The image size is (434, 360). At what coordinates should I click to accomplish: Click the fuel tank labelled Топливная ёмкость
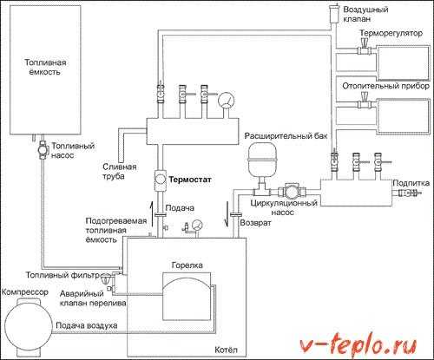[x=45, y=69]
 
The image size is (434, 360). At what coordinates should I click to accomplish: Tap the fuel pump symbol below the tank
[x=43, y=150]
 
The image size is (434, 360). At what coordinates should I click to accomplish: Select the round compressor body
[x=29, y=325]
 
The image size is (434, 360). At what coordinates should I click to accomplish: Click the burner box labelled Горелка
[x=187, y=297]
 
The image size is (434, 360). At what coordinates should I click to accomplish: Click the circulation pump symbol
[x=292, y=191]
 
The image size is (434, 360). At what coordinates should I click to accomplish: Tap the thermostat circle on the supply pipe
[x=159, y=180]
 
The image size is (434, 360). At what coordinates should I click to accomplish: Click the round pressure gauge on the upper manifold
[x=227, y=101]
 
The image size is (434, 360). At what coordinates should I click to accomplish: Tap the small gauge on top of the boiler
[x=197, y=226]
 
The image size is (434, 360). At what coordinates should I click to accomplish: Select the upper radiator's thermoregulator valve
[x=365, y=47]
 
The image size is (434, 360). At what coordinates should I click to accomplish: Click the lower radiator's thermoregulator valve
[x=365, y=101]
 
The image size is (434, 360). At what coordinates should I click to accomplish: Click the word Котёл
[x=226, y=350]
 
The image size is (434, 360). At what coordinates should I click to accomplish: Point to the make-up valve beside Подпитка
[x=409, y=193]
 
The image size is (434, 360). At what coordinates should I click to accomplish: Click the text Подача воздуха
[x=87, y=325]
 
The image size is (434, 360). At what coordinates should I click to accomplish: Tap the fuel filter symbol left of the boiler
[x=106, y=278]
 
